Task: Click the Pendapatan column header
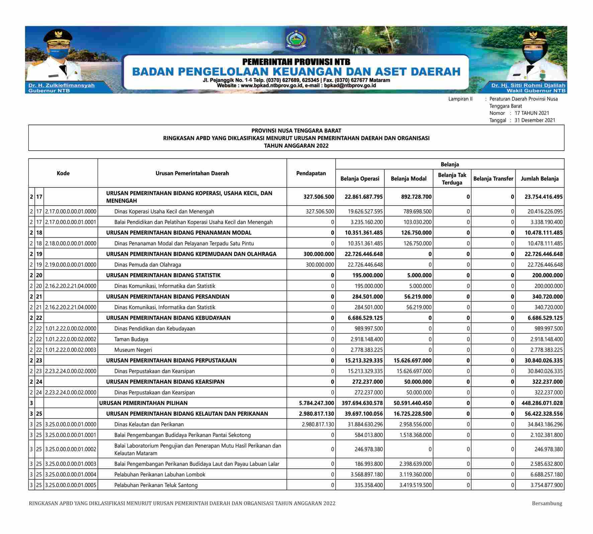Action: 311,173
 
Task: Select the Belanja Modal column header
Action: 409,178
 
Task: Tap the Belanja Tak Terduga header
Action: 452,178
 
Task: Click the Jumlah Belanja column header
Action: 539,178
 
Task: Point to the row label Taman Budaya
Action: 131,339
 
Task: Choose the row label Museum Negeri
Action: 133,350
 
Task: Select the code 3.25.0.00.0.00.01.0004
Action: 71,474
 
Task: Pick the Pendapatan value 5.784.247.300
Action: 317,403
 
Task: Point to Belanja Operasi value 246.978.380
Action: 368,449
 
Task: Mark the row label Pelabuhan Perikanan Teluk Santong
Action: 156,485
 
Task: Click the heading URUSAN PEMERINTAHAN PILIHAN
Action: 144,403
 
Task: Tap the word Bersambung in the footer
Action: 547,503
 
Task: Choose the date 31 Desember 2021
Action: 535,120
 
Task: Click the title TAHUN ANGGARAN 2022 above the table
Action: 296,146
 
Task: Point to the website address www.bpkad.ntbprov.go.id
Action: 272,86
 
